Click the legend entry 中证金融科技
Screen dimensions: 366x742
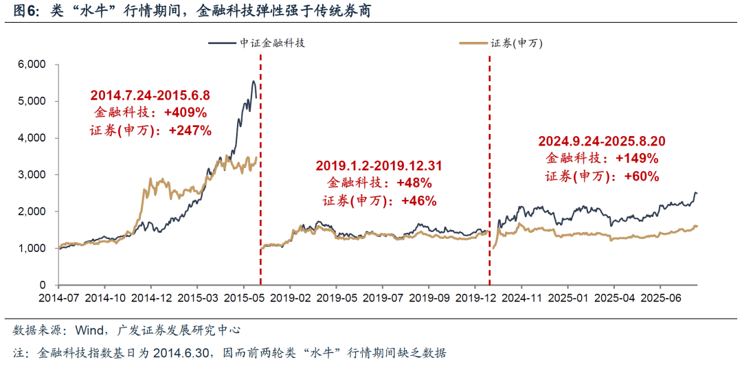(272, 43)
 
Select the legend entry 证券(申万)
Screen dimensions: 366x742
(517, 43)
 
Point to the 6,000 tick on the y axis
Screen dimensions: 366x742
(31, 65)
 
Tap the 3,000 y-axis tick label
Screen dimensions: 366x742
(31, 174)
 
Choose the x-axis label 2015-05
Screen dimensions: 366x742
(244, 299)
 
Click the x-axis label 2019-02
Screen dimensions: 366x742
(290, 299)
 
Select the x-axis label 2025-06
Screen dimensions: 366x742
(660, 299)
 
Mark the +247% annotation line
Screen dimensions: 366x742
(150, 130)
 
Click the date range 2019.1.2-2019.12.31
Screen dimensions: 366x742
(379, 166)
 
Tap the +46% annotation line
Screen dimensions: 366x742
(379, 201)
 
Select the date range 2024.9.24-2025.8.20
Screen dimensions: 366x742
(602, 141)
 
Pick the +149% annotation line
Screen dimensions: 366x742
(602, 159)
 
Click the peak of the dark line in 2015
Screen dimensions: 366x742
(253, 82)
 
